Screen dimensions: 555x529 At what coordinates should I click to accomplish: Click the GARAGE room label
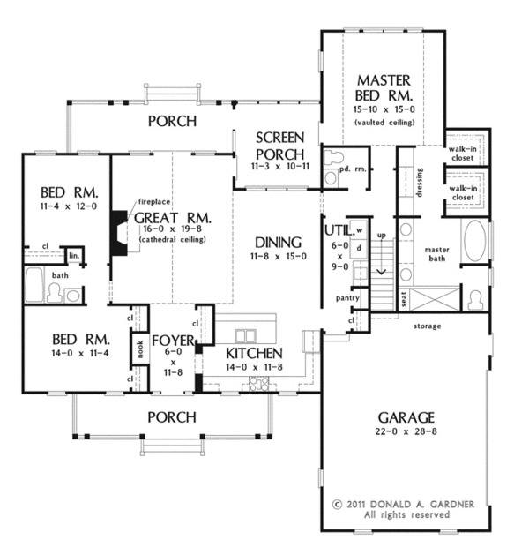[407, 416]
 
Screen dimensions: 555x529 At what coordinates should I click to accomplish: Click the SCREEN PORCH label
[280, 146]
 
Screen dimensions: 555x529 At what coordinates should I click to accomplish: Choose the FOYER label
[173, 340]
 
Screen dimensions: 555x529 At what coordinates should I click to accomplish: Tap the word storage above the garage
[427, 326]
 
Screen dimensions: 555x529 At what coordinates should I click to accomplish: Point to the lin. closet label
[75, 256]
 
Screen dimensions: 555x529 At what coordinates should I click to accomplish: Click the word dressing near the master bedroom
[420, 181]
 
